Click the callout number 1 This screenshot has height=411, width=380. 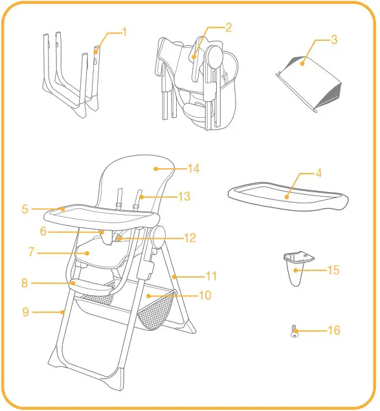[125, 31]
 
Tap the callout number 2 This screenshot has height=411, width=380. [229, 27]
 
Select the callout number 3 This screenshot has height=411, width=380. [334, 40]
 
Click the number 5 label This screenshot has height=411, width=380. [24, 209]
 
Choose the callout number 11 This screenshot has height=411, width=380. [212, 276]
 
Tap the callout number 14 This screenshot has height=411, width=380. [193, 169]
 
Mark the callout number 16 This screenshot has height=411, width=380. [334, 331]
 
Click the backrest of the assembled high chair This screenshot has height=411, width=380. [139, 178]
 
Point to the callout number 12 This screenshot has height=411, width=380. [190, 238]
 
